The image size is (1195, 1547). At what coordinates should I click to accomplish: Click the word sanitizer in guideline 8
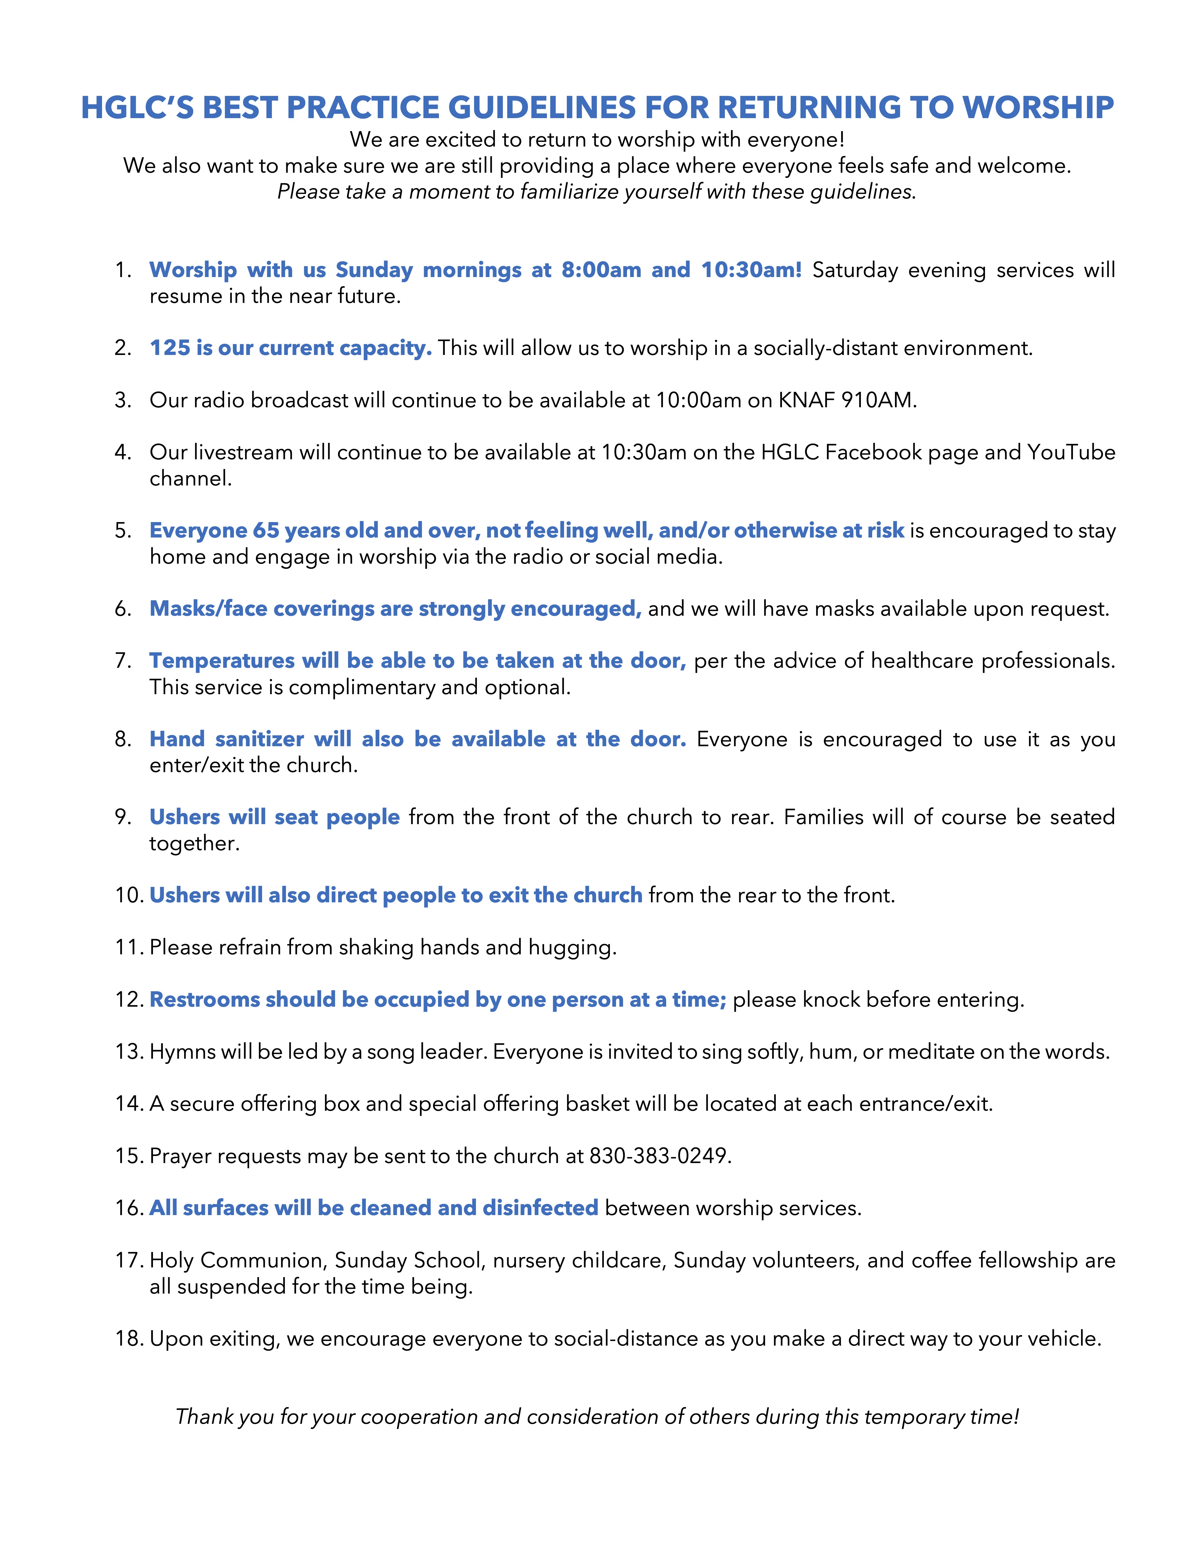[x=259, y=739]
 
